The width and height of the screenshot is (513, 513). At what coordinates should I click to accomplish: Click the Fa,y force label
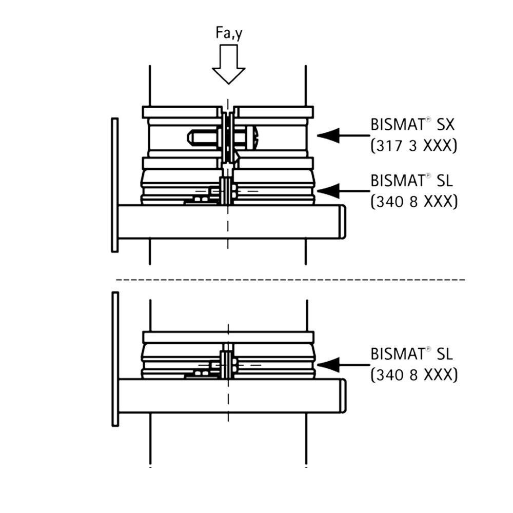click(x=229, y=34)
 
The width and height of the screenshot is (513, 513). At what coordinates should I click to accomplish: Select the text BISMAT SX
click(x=412, y=125)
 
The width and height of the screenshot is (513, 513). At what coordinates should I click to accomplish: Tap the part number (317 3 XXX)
click(x=413, y=146)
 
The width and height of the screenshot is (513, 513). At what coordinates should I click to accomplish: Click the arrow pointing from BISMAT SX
click(x=343, y=135)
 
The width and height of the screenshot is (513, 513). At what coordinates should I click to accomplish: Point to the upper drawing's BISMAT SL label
click(x=411, y=180)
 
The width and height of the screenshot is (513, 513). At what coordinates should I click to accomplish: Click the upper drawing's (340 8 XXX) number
click(x=414, y=202)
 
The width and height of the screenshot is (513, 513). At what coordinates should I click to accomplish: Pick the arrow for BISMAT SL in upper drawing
click(x=343, y=191)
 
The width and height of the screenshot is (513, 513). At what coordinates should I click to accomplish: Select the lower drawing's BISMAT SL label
click(x=411, y=353)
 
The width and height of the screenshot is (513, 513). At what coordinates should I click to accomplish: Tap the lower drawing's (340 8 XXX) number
click(x=414, y=375)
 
